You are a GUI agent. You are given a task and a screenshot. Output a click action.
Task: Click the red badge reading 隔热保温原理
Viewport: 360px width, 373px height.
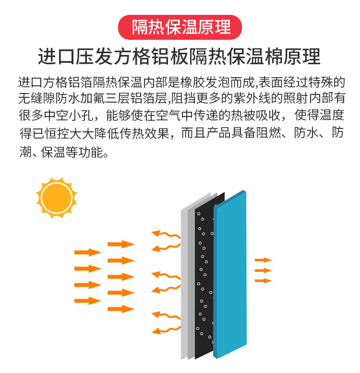tap(180, 27)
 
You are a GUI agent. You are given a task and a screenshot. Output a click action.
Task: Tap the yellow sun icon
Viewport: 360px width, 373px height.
tap(57, 198)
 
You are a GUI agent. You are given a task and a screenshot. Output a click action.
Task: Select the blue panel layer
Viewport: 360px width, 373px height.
tap(230, 274)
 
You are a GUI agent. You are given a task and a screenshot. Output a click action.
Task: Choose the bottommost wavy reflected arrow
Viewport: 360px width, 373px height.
tap(166, 330)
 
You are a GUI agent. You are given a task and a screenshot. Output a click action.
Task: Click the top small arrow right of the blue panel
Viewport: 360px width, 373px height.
tap(264, 260)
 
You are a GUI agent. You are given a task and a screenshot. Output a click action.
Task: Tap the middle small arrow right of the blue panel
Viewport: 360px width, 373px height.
tap(264, 270)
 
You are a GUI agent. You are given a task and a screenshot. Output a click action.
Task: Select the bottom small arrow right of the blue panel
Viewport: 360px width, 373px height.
tap(264, 280)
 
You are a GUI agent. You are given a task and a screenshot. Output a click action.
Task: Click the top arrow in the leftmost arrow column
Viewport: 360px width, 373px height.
tap(88, 252)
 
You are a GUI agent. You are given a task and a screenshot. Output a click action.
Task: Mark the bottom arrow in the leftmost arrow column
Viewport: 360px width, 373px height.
tap(88, 301)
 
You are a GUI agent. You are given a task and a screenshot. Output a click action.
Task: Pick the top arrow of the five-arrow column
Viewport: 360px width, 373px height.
tap(121, 244)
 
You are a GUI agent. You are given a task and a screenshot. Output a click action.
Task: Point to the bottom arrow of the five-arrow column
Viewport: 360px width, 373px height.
tap(121, 309)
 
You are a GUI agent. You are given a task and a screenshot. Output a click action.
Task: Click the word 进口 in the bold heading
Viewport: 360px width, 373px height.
tap(57, 57)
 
